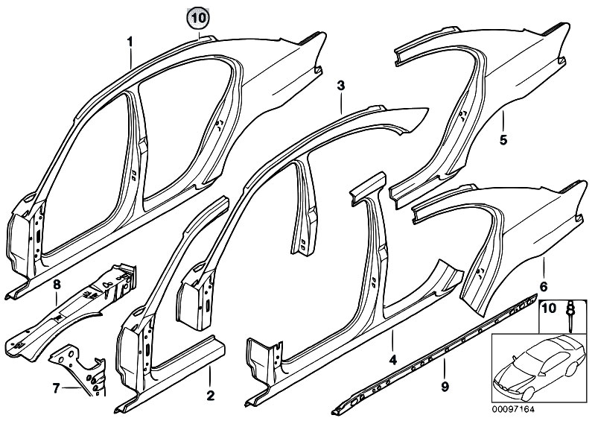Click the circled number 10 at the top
point(198,16)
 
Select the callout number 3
point(340,86)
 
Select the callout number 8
point(56,283)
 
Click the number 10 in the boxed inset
point(548,308)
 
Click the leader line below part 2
point(210,376)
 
